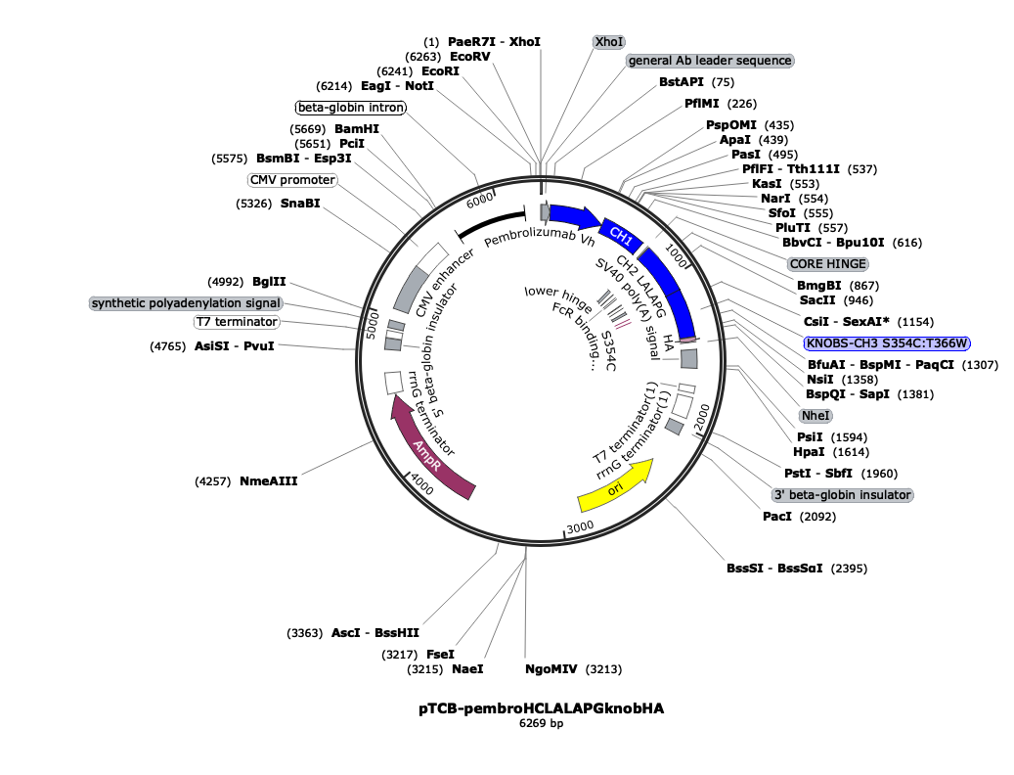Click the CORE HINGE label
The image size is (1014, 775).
click(x=828, y=264)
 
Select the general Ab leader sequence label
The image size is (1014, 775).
click(x=710, y=61)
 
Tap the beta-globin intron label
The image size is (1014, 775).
click(x=350, y=108)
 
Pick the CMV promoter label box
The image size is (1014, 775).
click(x=291, y=180)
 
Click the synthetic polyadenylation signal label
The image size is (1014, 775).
click(x=186, y=303)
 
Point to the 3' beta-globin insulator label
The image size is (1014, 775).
click(x=842, y=495)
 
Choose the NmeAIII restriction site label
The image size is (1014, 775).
click(x=268, y=480)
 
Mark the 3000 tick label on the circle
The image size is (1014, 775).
click(x=581, y=526)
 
